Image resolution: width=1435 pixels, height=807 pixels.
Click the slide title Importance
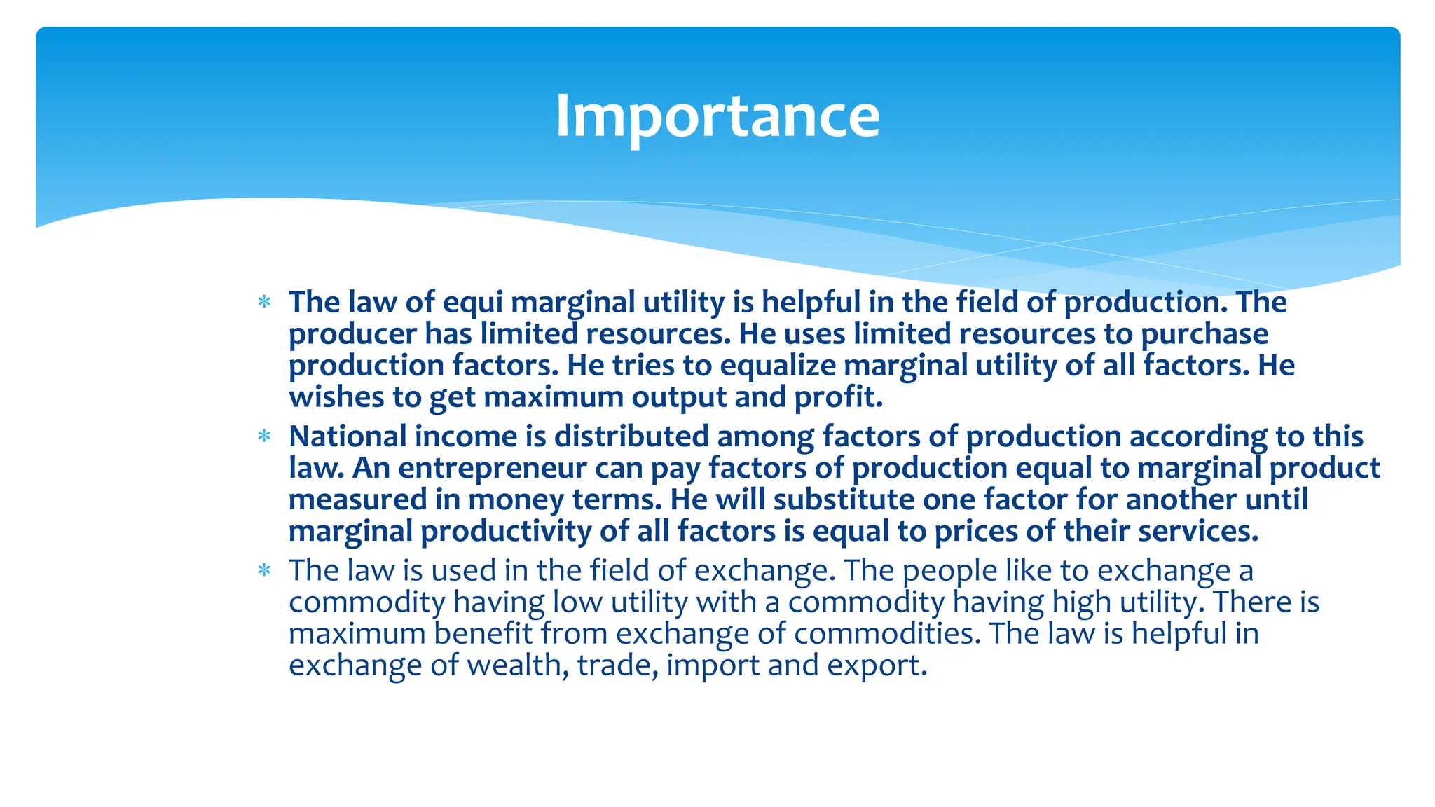pyautogui.click(x=717, y=116)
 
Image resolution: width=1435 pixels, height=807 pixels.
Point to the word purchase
pyautogui.click(x=1204, y=334)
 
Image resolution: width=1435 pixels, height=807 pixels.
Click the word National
pyautogui.click(x=348, y=436)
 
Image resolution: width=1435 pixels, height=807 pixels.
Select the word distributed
pyautogui.click(x=631, y=436)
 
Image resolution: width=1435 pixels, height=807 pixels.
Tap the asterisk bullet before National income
pyautogui.click(x=264, y=437)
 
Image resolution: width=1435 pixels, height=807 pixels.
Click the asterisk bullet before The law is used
pyautogui.click(x=264, y=571)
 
